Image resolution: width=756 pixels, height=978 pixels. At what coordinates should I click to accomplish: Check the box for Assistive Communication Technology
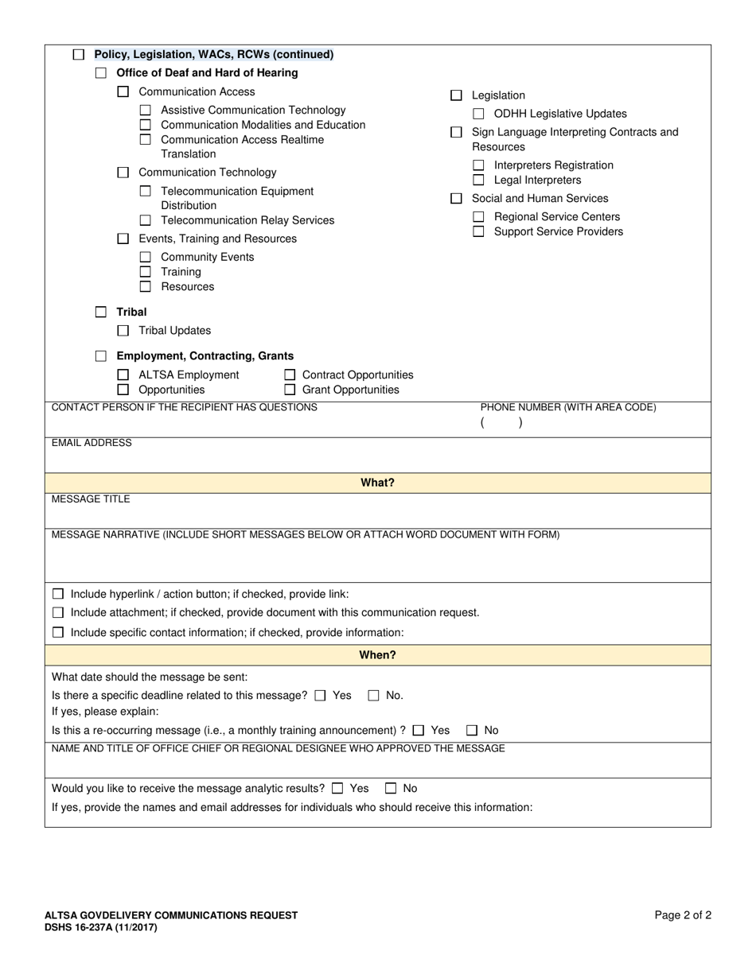(145, 111)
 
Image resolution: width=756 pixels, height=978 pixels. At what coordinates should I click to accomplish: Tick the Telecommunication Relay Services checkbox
(145, 220)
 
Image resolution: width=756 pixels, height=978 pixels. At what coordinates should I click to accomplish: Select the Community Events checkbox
(145, 257)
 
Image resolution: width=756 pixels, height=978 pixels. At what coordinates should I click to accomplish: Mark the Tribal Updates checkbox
(123, 330)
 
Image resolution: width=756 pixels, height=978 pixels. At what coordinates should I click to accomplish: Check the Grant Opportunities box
(290, 390)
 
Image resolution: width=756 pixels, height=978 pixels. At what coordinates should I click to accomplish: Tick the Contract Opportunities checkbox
(290, 375)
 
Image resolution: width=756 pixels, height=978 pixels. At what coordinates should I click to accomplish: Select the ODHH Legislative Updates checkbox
(478, 114)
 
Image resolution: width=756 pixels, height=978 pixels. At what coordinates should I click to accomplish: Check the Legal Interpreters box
(478, 180)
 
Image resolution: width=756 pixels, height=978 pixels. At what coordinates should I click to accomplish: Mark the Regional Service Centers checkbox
(478, 217)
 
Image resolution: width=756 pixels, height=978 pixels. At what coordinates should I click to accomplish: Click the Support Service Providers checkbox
(478, 231)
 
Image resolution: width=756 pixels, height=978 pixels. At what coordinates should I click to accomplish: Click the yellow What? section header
(377, 483)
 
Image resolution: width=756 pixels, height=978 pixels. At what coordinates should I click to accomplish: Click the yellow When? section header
(377, 655)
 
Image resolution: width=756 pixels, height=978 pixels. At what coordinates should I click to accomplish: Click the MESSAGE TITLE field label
(91, 499)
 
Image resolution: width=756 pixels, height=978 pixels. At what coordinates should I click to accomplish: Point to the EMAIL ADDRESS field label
(92, 443)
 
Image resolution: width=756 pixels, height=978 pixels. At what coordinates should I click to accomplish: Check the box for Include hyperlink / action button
(58, 594)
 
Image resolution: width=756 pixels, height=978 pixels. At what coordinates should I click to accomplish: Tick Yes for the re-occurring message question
(419, 730)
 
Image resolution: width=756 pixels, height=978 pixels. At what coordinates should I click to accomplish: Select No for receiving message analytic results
(391, 789)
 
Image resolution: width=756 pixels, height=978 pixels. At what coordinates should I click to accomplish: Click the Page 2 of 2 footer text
(683, 915)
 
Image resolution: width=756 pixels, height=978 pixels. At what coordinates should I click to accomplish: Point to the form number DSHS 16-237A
(100, 927)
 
